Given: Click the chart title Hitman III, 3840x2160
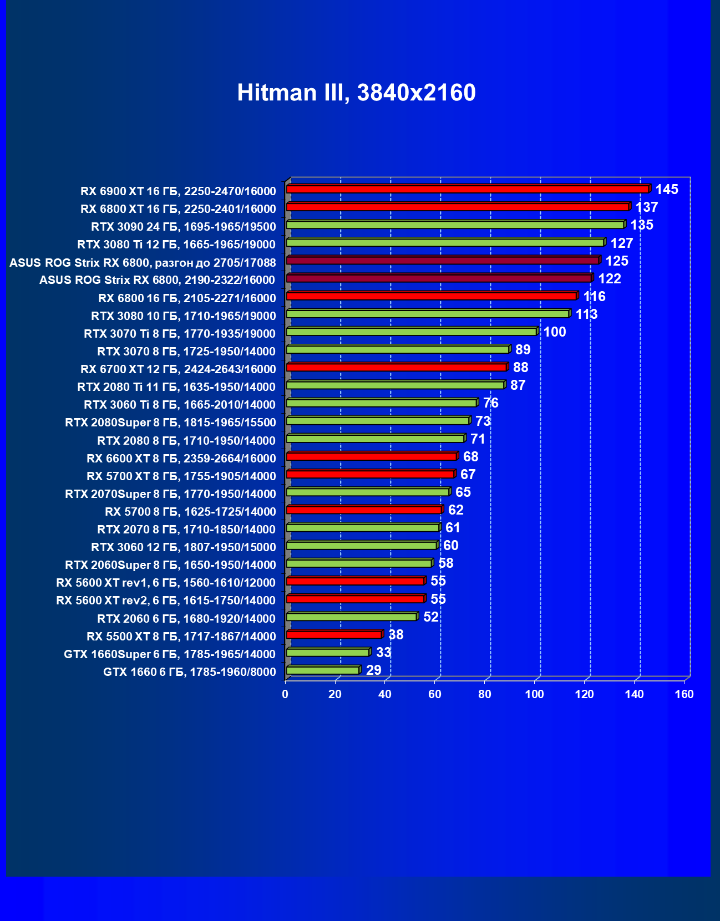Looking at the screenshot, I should pos(356,93).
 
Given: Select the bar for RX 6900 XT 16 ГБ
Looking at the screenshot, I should pos(467,190).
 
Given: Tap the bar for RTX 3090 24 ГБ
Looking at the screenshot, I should pos(455,225).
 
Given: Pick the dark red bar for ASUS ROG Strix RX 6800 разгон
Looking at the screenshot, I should pos(443,261).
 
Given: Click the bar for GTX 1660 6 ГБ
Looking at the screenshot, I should pos(323,671).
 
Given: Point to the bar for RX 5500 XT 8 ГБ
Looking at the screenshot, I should pos(334,635).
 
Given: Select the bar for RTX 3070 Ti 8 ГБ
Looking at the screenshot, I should pos(412,332).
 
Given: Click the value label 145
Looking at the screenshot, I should pos(667,190).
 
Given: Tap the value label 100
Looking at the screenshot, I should pos(555,332).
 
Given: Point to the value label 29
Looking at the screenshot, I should pos(374,670).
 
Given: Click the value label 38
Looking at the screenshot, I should pos(396,635).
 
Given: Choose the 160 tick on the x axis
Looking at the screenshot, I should pos(684,695).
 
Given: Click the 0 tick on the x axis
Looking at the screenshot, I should pos(285,695).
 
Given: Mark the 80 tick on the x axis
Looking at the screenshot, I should pos(485,695).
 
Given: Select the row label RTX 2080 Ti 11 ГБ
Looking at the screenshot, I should pos(176,387).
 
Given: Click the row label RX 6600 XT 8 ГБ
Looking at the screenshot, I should pos(181,459).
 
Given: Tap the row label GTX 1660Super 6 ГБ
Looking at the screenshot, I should pos(170,654).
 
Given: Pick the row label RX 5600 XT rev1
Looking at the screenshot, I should pos(166,583).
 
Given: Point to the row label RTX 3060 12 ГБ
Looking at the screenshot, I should pos(183,547).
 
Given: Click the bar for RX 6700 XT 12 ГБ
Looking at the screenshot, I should pos(396,368).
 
